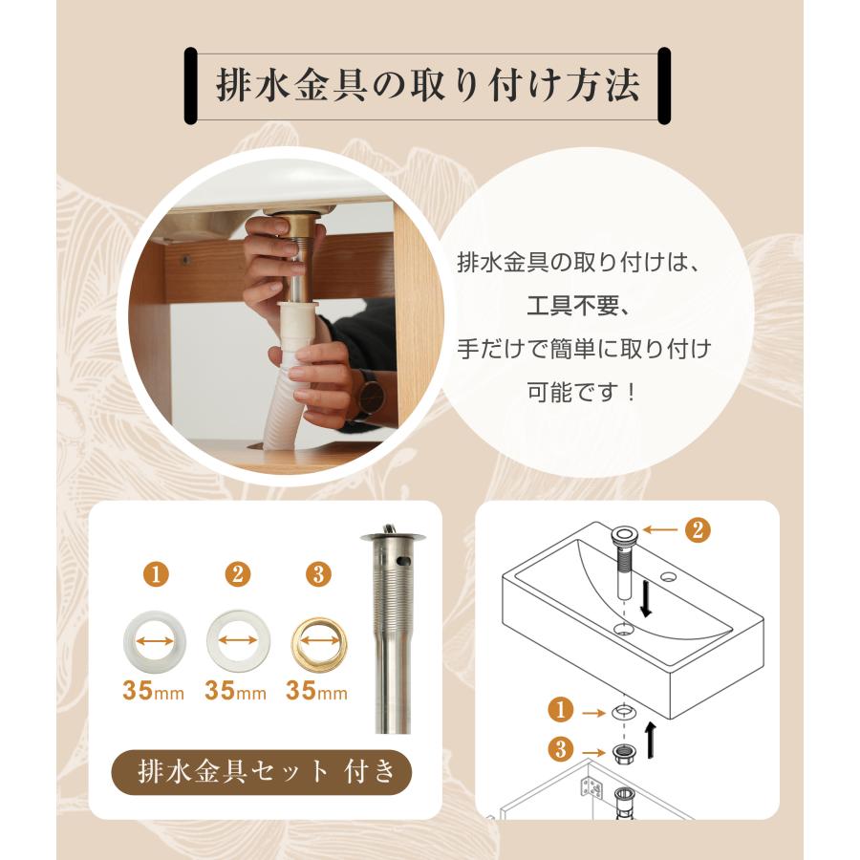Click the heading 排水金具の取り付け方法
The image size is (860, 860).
(427, 86)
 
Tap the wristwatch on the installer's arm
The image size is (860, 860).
(368, 393)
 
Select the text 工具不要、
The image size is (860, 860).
(584, 306)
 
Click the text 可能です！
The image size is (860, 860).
(584, 391)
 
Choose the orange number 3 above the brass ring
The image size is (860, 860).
(319, 575)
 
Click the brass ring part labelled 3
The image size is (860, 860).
(319, 634)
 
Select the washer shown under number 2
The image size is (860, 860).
(237, 634)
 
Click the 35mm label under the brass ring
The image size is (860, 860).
(319, 691)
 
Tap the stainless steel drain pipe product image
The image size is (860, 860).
(388, 631)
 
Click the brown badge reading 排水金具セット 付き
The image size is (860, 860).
(262, 771)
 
